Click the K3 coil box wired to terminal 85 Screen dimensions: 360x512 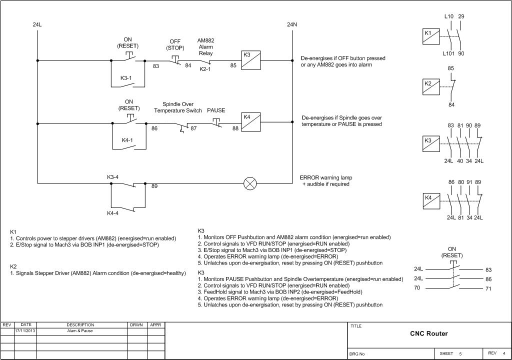(250, 60)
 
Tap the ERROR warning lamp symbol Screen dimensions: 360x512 (250, 183)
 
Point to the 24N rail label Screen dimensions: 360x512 (292, 24)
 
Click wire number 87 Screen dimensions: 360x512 (193, 128)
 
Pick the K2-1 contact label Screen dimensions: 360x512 (205, 69)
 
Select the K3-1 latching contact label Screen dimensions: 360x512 (126, 78)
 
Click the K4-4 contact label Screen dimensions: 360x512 (113, 213)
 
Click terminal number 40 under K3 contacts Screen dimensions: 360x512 (459, 161)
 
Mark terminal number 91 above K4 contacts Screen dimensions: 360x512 (469, 182)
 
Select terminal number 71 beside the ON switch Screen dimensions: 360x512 (488, 289)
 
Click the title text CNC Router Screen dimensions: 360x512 (428, 333)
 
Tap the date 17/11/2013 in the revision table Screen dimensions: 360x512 (25, 331)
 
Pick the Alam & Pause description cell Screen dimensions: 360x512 (80, 331)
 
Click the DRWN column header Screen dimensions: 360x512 (136, 325)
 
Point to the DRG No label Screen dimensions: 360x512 (357, 354)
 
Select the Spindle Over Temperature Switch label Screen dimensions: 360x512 (178, 107)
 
